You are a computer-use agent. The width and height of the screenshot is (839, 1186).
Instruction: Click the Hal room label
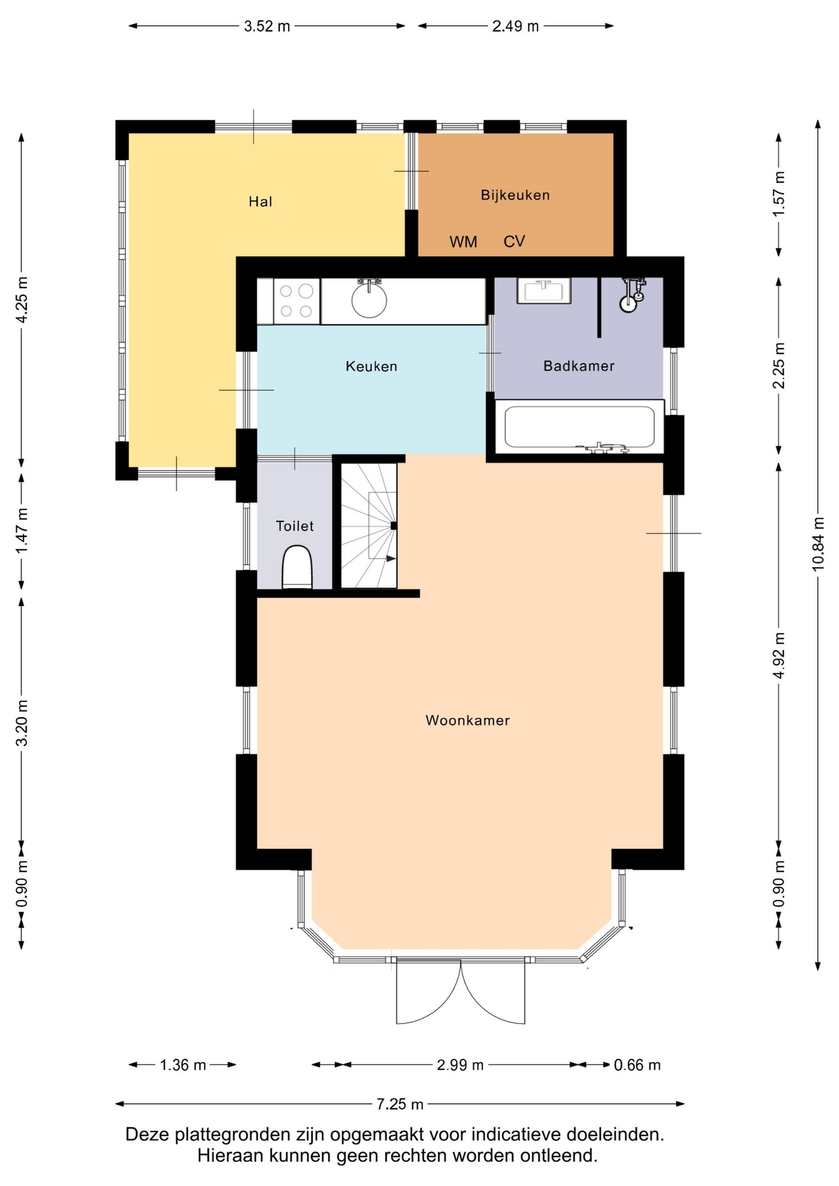point(260,201)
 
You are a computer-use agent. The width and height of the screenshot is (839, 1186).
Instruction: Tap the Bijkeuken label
point(515,195)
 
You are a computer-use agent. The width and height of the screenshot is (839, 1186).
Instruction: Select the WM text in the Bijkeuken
point(463,242)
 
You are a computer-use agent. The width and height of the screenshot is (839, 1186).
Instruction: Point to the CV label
point(514,242)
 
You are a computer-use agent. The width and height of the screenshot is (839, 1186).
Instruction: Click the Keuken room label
point(371,366)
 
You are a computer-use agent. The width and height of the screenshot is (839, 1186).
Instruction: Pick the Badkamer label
point(579,366)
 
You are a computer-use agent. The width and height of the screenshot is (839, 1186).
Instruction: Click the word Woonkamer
point(468,720)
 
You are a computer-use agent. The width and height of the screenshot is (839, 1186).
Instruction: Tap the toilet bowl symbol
point(297,567)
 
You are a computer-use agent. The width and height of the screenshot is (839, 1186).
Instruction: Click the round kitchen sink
point(369,300)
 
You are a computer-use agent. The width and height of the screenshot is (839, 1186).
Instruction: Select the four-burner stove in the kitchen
point(296,301)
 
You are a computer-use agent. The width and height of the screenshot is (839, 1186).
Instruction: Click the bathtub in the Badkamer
point(580,427)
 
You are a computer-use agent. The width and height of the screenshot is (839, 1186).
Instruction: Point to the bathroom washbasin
point(544,291)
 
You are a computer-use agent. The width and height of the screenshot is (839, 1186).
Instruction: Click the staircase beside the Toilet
point(369,526)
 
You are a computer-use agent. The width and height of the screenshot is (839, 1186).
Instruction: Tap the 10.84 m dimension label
point(818,544)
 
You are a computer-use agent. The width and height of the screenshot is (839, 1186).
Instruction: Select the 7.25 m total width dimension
point(400,1104)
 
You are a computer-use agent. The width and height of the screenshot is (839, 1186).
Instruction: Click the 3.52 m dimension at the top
point(267,26)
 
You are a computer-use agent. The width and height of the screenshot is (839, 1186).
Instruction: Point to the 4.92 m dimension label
point(778,655)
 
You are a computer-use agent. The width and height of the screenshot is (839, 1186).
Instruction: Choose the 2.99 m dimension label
point(460,1064)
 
